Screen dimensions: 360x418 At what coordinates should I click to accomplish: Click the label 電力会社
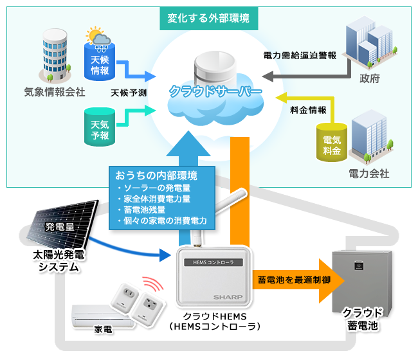click(x=368, y=174)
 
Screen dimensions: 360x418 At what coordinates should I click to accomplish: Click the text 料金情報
click(x=308, y=110)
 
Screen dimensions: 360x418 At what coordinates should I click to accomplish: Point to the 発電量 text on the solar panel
click(x=60, y=227)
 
